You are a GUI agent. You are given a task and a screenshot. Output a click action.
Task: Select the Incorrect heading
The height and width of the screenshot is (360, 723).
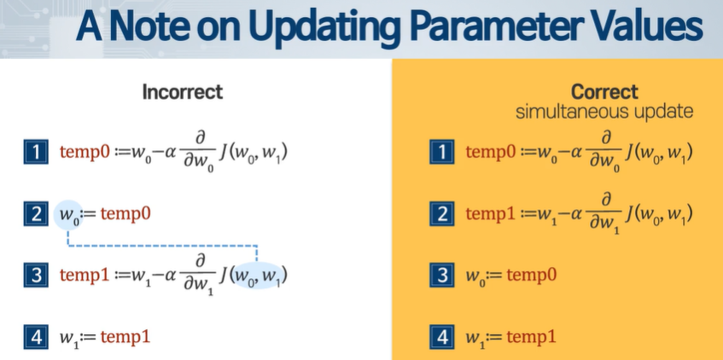[183, 92]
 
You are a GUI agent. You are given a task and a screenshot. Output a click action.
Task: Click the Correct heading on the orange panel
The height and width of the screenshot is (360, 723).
[604, 92]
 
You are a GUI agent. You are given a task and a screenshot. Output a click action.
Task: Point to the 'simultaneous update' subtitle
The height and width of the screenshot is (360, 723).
[604, 112]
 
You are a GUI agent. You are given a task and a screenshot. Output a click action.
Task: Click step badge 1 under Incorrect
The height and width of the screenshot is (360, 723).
[36, 152]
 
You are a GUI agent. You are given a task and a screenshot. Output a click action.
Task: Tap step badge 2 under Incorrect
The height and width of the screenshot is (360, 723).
[36, 214]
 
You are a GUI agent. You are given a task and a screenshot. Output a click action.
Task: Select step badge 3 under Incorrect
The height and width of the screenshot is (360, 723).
[36, 276]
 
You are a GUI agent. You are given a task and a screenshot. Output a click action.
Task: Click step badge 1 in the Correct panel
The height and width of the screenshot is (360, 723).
[442, 152]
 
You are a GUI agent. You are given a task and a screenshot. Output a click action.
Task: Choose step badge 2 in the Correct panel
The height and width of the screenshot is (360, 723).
[442, 214]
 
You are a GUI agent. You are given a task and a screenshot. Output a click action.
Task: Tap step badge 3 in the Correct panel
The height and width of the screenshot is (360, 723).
[442, 276]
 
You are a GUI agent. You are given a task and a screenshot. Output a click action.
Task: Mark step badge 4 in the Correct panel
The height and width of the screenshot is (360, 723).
[442, 337]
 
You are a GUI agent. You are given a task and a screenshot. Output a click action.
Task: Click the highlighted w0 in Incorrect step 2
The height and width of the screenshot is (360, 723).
[68, 215]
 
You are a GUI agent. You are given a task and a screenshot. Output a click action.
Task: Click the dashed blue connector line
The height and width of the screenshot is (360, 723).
[162, 246]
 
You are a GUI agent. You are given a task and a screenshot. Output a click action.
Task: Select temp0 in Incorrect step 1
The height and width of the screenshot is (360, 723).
[85, 152]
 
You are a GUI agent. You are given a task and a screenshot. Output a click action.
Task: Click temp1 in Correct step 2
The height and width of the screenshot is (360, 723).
[491, 214]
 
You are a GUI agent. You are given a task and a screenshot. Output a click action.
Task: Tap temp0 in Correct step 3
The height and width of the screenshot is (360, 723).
[532, 276]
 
